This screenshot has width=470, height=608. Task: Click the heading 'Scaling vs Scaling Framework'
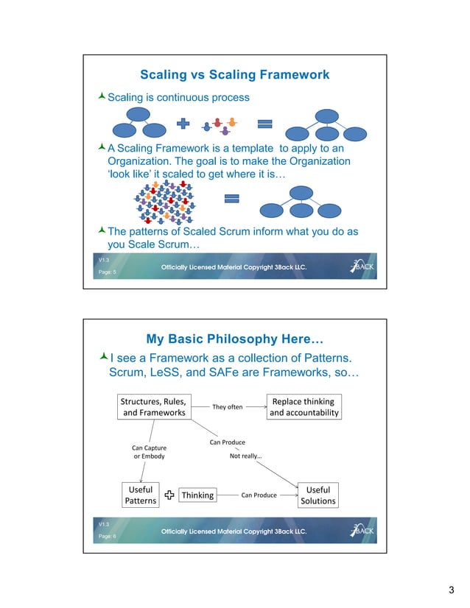tap(234, 75)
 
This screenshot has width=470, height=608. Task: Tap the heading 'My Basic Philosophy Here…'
tap(235, 339)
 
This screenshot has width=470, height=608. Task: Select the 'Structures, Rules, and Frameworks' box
tap(153, 407)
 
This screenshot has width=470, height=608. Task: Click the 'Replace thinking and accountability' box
tap(304, 407)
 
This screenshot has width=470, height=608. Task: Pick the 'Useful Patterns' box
tap(140, 495)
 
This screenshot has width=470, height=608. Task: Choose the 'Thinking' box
tap(197, 495)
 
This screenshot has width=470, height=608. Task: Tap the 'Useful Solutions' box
tap(318, 495)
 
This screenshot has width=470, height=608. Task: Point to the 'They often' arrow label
tap(227, 407)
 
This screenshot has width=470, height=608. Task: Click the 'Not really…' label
tap(246, 456)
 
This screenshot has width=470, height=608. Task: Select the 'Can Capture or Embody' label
tap(149, 452)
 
